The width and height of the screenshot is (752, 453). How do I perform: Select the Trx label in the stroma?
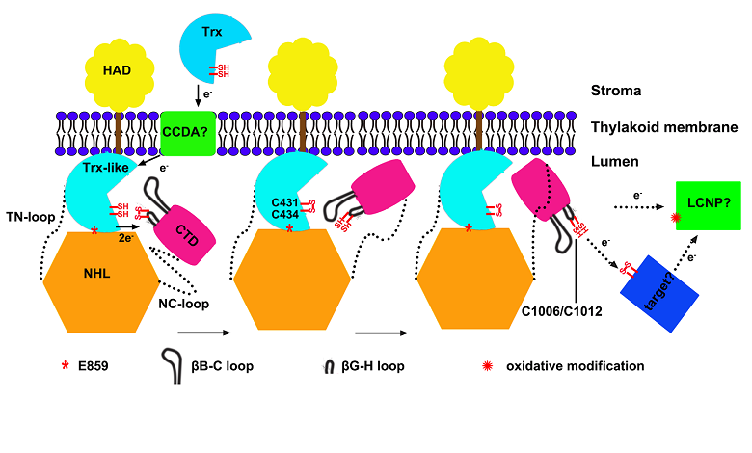[x=211, y=31]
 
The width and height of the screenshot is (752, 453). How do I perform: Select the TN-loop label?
[x=29, y=219]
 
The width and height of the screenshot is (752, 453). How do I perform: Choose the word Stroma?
[x=617, y=92]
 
